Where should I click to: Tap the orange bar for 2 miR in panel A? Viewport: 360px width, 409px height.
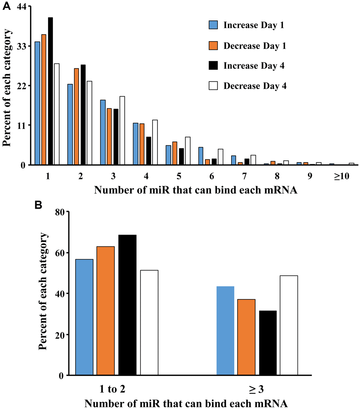click(x=77, y=117)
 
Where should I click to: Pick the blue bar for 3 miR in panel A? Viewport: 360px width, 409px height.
click(x=103, y=133)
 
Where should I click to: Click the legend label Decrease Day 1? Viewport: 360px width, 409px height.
click(x=254, y=46)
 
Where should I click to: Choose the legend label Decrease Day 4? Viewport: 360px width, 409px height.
click(x=254, y=86)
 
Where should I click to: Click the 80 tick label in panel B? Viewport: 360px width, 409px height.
click(x=61, y=212)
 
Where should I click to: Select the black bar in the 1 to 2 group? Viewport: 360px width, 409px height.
click(x=127, y=305)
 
